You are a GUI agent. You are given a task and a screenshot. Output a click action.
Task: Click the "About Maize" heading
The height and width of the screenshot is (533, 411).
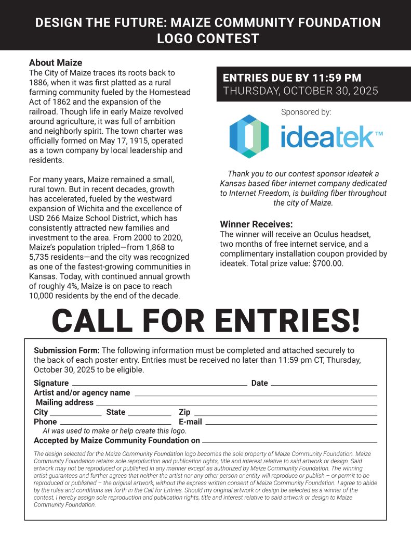(x=56, y=63)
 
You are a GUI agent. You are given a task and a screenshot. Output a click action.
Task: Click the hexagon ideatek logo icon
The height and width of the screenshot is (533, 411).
(x=249, y=136)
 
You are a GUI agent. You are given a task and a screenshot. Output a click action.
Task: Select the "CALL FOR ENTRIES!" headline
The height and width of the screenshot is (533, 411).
(x=206, y=321)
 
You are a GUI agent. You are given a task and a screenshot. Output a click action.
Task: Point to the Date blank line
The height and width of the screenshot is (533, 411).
(x=324, y=385)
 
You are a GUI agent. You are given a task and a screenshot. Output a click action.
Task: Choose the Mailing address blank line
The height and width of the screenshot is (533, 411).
(x=236, y=404)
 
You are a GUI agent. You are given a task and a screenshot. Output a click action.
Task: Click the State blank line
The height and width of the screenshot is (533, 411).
(x=149, y=414)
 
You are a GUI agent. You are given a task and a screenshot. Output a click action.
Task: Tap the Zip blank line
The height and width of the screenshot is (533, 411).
(x=285, y=414)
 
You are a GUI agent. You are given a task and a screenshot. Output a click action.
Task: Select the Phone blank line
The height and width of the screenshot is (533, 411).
(x=115, y=423)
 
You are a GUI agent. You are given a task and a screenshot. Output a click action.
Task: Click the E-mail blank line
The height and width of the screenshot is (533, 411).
(x=291, y=423)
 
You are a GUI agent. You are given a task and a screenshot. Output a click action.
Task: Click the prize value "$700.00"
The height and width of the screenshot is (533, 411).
(x=327, y=263)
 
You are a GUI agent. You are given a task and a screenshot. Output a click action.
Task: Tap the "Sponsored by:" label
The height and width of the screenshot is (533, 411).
(x=306, y=112)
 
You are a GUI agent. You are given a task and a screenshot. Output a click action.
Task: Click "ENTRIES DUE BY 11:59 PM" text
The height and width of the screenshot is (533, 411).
(x=292, y=78)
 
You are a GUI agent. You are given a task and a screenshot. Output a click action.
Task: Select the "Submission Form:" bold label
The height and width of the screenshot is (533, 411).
(x=67, y=350)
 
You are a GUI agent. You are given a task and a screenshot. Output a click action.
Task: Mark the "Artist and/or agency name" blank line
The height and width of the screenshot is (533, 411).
(x=256, y=395)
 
